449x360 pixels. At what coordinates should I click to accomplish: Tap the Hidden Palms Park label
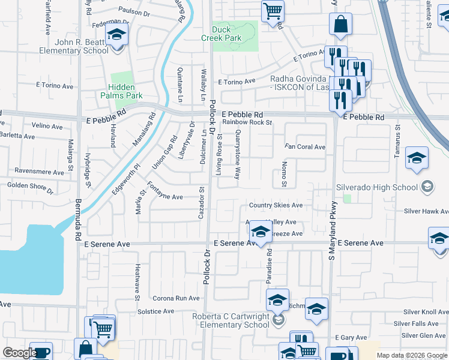pos(126,91)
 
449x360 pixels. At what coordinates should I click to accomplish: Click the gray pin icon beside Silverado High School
pos(427,187)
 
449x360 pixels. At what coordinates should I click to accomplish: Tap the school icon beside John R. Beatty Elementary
pos(116,35)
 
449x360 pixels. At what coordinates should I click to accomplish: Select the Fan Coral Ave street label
pos(305,147)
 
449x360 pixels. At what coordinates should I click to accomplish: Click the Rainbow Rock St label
pos(247,122)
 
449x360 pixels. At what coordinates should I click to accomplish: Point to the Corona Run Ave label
pos(175,298)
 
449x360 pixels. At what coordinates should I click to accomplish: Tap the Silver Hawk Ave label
pos(426,211)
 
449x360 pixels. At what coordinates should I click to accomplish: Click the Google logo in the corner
pos(20,353)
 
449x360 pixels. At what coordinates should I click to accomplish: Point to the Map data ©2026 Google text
pos(411,355)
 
